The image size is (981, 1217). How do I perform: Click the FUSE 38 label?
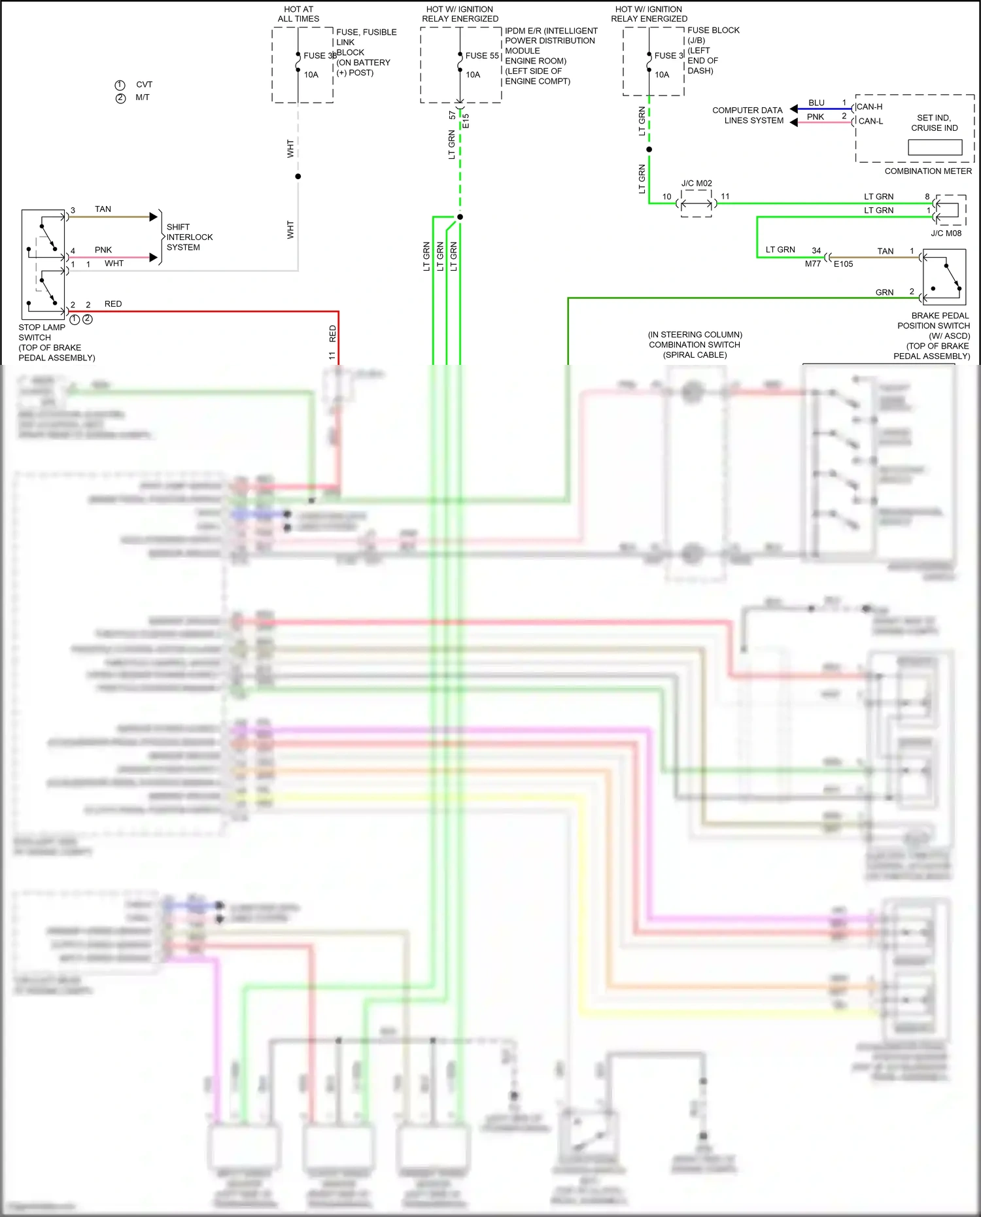tap(319, 56)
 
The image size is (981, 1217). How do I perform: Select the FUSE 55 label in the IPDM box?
tap(482, 56)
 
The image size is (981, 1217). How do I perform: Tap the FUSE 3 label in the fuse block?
tap(668, 56)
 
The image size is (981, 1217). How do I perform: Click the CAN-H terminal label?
tap(869, 107)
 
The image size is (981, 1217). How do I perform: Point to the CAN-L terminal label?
tap(870, 121)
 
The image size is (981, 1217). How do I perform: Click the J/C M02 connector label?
tap(697, 183)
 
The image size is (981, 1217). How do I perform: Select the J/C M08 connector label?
tap(946, 233)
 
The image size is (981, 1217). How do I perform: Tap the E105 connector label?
tap(843, 264)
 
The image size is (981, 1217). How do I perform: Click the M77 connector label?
tap(812, 264)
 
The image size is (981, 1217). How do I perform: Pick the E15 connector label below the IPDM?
tap(466, 122)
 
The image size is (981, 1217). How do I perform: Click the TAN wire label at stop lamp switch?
tap(103, 209)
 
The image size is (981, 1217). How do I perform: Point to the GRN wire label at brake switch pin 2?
tap(884, 292)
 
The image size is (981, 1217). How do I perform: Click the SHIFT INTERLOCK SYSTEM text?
tap(189, 237)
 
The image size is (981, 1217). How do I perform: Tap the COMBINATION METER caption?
tap(927, 171)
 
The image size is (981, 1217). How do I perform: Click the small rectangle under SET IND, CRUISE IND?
tap(935, 147)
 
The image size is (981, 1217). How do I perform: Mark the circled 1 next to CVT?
tap(120, 85)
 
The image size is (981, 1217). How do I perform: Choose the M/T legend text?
tap(143, 97)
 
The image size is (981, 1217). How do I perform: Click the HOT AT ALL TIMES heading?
tap(298, 14)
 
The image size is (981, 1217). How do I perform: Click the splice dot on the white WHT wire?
tap(298, 177)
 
